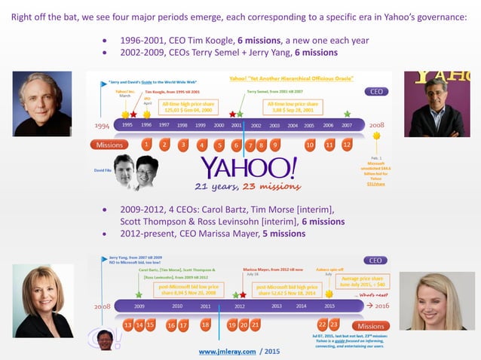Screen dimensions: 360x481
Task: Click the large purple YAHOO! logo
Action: click(x=249, y=167)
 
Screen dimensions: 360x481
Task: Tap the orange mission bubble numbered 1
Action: click(x=146, y=144)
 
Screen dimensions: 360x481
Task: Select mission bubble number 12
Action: click(x=347, y=144)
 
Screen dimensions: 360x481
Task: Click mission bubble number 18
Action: click(x=205, y=325)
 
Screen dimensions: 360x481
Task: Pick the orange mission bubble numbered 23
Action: click(x=334, y=325)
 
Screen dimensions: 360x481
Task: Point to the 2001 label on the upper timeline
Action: click(x=236, y=126)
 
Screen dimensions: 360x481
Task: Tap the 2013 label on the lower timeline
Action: click(x=276, y=307)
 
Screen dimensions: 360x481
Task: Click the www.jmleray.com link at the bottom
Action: click(x=227, y=351)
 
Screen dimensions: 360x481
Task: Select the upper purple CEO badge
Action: click(x=375, y=91)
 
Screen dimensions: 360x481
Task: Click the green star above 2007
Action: click(x=347, y=114)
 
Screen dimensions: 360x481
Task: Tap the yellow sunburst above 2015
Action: click(x=329, y=294)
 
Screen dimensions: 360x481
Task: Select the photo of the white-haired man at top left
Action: click(x=42, y=103)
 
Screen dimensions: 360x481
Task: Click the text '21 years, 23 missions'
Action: click(x=247, y=187)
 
